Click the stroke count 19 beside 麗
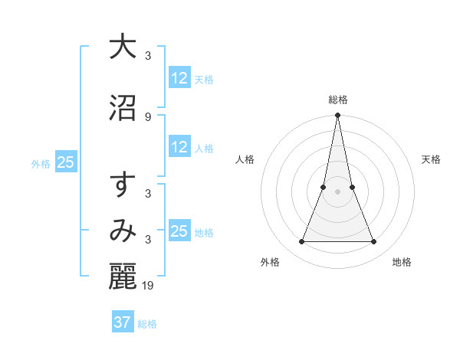(x=149, y=286)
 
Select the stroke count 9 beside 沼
(x=148, y=116)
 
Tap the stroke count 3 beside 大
(x=148, y=56)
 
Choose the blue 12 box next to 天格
(x=179, y=78)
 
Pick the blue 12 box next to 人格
(x=179, y=147)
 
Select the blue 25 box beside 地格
(x=179, y=231)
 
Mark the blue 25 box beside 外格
(x=66, y=162)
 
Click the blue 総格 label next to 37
(x=148, y=324)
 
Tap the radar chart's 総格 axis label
(x=337, y=100)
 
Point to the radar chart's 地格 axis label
(x=402, y=263)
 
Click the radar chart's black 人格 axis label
(x=245, y=159)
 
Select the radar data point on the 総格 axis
(x=337, y=116)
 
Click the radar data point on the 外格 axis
(x=301, y=242)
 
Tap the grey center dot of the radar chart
(x=337, y=191)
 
